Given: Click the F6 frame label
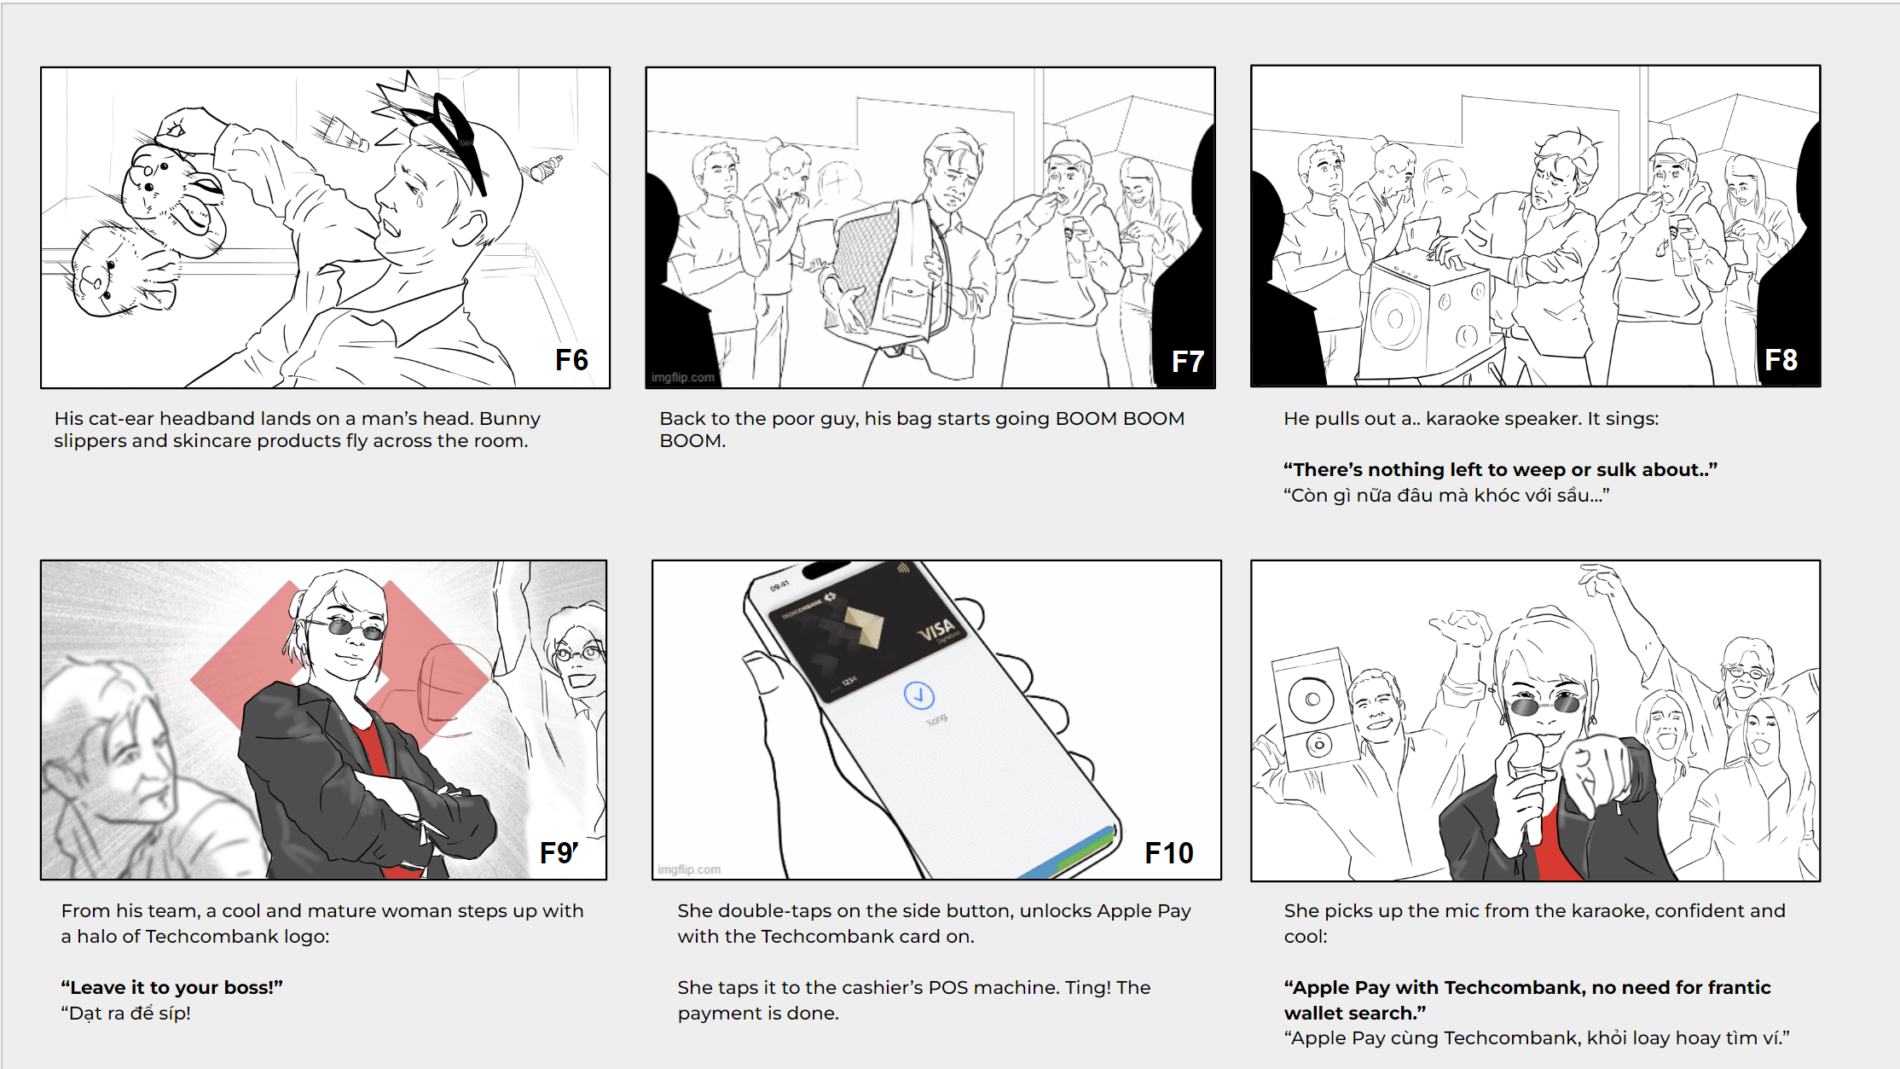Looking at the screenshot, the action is (571, 360).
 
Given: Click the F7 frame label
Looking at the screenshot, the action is (1187, 362).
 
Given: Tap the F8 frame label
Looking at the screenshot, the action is (1781, 360).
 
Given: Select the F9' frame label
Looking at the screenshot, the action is (559, 852).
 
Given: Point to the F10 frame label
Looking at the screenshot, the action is (1168, 853).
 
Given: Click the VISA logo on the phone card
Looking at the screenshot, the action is (936, 631).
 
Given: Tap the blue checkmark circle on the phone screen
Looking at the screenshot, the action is (919, 695).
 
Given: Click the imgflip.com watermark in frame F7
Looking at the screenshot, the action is (683, 377).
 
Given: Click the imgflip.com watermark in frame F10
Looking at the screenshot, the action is (689, 869).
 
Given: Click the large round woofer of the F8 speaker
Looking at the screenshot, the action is (1394, 318).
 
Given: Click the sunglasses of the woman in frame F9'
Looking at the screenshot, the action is (345, 627).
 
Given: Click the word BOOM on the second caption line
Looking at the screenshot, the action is (692, 441).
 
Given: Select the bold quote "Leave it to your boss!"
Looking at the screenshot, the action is (171, 987).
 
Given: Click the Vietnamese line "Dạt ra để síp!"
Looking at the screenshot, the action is (126, 1013).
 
